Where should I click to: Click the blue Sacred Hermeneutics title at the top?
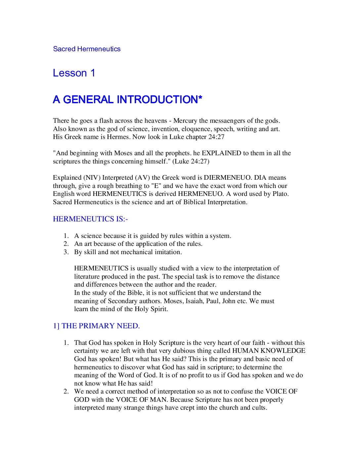pos(87,49)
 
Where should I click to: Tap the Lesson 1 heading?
pos(74,73)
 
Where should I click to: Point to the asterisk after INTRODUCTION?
pos(200,97)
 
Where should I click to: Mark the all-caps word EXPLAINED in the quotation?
pos(221,153)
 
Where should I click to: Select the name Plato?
pos(281,194)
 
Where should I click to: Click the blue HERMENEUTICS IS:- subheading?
pos(90,219)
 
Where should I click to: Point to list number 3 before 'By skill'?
pos(66,252)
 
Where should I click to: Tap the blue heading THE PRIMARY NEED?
pos(100,326)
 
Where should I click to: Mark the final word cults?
pos(259,408)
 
